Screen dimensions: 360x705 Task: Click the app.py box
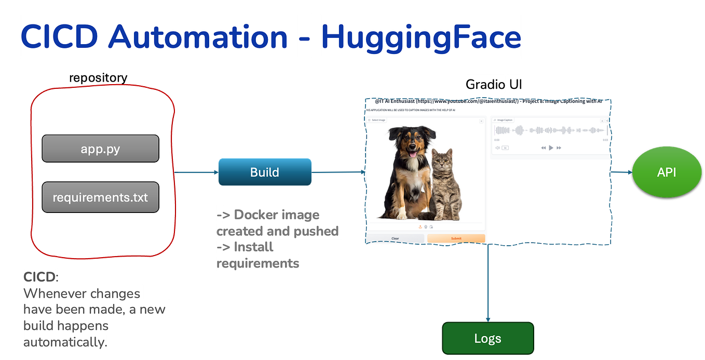(100, 149)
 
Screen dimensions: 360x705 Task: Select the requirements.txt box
(100, 197)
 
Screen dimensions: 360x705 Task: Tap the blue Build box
(265, 172)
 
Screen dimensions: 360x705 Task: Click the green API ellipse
(666, 172)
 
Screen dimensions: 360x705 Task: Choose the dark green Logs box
(487, 339)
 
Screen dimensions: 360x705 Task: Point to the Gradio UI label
(493, 84)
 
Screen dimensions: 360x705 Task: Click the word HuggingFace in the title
(421, 37)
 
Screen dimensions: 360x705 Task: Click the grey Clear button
(395, 238)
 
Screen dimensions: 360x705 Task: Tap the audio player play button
(551, 148)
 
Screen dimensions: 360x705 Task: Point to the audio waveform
(550, 130)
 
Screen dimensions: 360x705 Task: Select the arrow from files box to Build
(197, 172)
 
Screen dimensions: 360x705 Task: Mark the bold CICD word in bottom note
(39, 276)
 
